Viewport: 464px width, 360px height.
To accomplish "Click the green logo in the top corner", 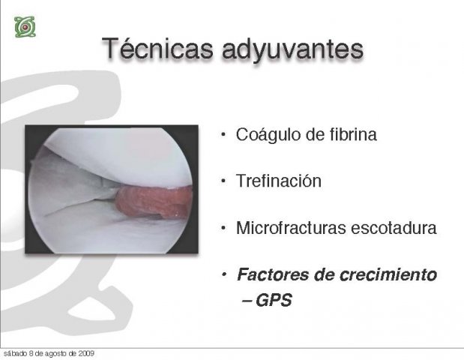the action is [25, 27].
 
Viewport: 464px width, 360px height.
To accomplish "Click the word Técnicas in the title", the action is [157, 49].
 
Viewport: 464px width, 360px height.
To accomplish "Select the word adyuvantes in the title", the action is [292, 49].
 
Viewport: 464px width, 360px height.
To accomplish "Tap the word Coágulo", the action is [268, 135].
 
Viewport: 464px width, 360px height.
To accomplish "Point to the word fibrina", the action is [353, 134].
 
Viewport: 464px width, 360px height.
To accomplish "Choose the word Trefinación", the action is [278, 181].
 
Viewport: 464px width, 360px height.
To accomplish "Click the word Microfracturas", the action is [291, 228].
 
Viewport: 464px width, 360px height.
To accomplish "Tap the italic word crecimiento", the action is [388, 274].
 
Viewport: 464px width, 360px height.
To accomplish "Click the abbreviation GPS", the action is [274, 300].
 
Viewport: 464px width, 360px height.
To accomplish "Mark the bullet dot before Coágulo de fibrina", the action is [223, 135].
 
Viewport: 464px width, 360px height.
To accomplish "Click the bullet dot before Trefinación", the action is [223, 181].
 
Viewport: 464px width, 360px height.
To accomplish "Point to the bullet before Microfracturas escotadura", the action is [223, 228].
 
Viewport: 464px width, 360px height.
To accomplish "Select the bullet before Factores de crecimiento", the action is [224, 274].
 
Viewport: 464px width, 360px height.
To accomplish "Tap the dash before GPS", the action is [247, 301].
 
